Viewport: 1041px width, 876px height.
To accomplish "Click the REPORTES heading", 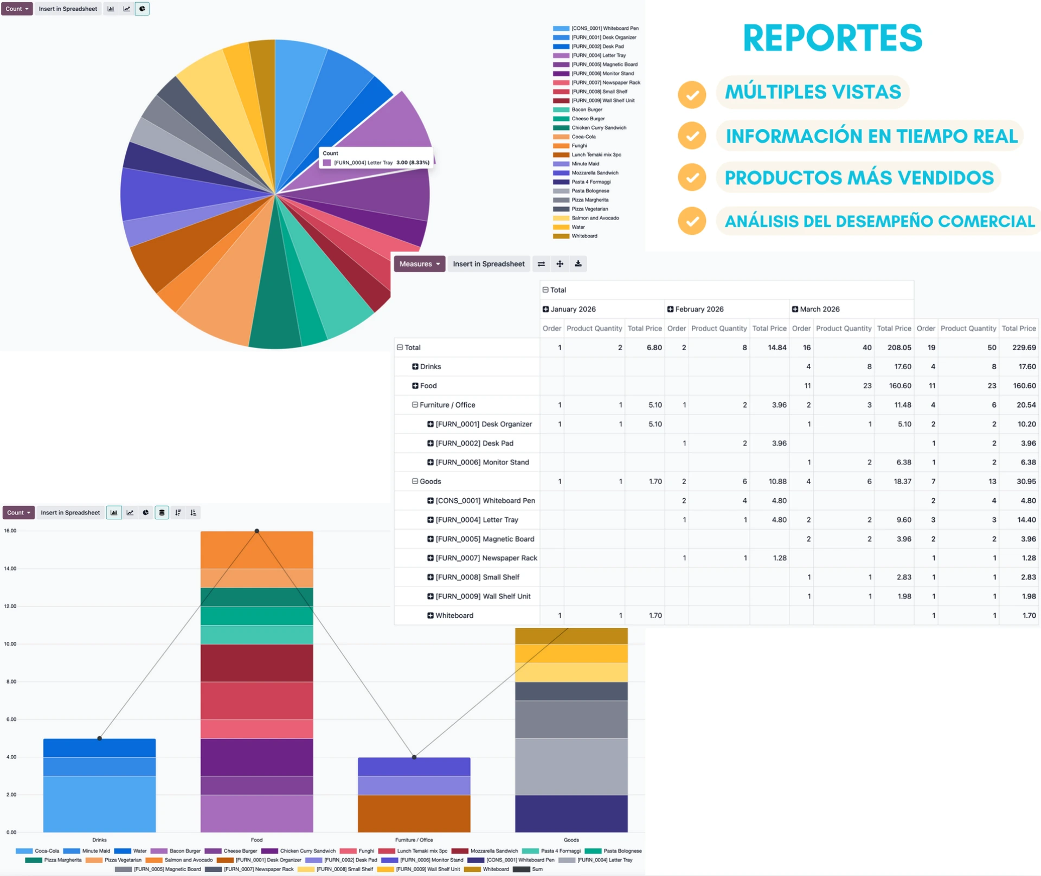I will pos(832,38).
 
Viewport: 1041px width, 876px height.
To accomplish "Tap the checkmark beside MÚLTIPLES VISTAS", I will pos(692,94).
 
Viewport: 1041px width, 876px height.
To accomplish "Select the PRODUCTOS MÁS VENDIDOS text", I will pos(859,178).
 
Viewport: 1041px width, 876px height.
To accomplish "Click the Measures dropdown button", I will pos(419,264).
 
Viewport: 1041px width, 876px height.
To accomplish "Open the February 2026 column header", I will pos(699,309).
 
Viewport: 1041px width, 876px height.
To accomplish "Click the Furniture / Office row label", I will pos(447,405).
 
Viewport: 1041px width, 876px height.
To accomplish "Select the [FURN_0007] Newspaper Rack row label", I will pos(486,558).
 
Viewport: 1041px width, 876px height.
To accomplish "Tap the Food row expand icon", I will pos(415,386).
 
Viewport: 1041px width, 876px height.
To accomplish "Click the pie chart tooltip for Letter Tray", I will pos(376,158).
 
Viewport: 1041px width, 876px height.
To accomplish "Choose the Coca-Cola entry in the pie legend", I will pos(583,137).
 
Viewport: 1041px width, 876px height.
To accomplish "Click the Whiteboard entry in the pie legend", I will pos(584,236).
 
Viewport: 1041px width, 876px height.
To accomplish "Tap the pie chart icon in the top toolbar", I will pos(142,9).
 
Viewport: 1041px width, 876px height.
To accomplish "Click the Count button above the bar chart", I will pos(18,512).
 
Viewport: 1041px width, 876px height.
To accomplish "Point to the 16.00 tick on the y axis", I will pos(10,531).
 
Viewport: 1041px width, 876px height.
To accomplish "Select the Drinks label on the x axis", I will pos(99,840).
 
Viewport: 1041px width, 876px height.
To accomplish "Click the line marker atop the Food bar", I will pos(257,531).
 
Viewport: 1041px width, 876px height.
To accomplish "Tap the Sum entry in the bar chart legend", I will pos(537,869).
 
